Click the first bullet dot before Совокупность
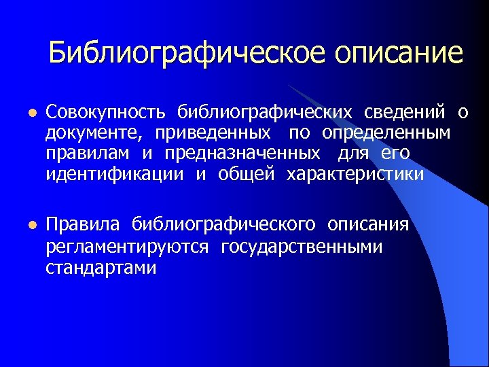click(x=30, y=111)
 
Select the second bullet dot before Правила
click(x=30, y=225)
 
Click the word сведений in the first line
click(x=405, y=111)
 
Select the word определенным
click(x=386, y=132)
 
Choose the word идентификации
click(x=115, y=174)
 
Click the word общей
click(x=247, y=174)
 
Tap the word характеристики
click(x=355, y=174)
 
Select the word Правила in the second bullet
click(x=83, y=225)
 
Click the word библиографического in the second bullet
click(x=223, y=225)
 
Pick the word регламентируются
click(x=127, y=247)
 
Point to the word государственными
click(x=302, y=247)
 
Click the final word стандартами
click(x=101, y=268)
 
